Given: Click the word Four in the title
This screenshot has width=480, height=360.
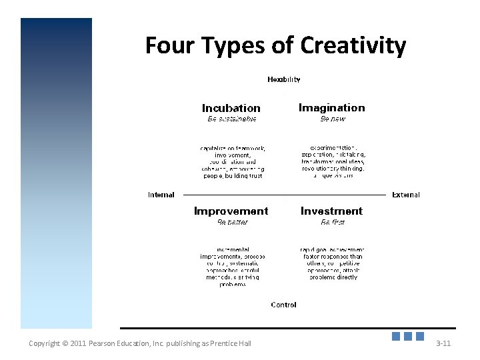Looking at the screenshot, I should [169, 45].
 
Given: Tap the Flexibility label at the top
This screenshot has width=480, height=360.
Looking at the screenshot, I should [284, 79].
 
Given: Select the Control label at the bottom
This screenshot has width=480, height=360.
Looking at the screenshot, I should [283, 305].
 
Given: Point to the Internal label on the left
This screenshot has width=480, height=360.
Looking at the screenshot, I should [161, 195].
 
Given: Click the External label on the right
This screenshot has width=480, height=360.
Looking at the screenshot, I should [406, 195].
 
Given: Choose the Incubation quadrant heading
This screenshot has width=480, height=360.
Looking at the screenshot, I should [231, 107].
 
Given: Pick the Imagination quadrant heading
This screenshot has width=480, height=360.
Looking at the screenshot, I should [331, 107].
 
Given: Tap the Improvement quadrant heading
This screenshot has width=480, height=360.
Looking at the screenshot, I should [231, 211].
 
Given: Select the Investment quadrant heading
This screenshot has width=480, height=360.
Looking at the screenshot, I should [331, 211].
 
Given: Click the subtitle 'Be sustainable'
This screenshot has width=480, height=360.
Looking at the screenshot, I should [232, 119].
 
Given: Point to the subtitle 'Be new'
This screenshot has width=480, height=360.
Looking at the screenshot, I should [333, 119].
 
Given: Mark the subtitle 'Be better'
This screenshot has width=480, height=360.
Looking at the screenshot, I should [232, 222].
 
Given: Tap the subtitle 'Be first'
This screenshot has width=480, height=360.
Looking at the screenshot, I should [333, 222].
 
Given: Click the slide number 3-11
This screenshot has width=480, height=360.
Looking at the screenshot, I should [443, 343].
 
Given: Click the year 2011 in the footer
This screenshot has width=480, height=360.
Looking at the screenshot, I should [79, 343].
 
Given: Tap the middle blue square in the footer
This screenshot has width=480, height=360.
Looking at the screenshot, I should [408, 337].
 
